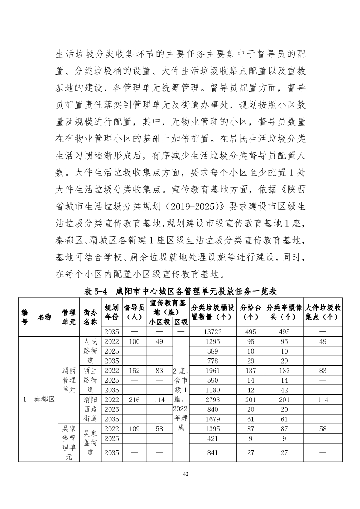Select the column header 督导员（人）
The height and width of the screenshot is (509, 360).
[x=134, y=312]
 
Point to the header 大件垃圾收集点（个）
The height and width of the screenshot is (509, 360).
[x=323, y=312]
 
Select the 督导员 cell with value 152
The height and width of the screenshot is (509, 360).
[x=134, y=371]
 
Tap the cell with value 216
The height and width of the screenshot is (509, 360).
[x=134, y=400]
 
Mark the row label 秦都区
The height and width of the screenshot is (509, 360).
[x=44, y=399]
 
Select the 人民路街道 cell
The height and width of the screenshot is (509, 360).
[x=90, y=351]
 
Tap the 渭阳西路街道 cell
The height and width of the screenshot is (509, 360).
[x=90, y=409]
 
